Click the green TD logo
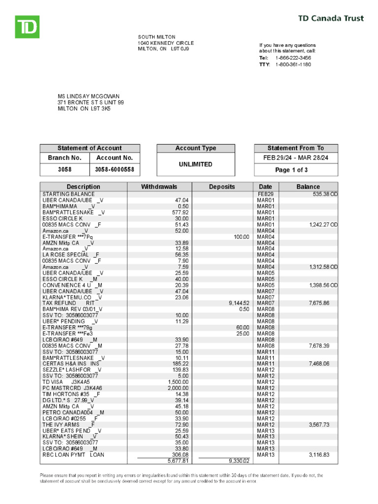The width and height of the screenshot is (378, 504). pyautogui.click(x=27, y=27)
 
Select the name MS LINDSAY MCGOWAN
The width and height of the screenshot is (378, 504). pyautogui.click(x=89, y=96)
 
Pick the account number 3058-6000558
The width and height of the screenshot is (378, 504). pyautogui.click(x=114, y=170)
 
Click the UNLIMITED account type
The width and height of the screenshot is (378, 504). pyautogui.click(x=196, y=164)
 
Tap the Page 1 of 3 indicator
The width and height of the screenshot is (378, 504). pyautogui.click(x=296, y=170)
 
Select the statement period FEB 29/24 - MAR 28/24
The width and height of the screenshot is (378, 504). pyautogui.click(x=296, y=158)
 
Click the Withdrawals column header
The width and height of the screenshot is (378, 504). pyautogui.click(x=159, y=187)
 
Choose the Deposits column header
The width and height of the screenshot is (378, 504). pyautogui.click(x=222, y=187)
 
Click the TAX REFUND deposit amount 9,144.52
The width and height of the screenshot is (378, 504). pyautogui.click(x=239, y=303)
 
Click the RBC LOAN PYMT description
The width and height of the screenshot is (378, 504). pyautogui.click(x=73, y=455)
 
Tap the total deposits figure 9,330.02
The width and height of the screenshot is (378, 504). pyautogui.click(x=239, y=461)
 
